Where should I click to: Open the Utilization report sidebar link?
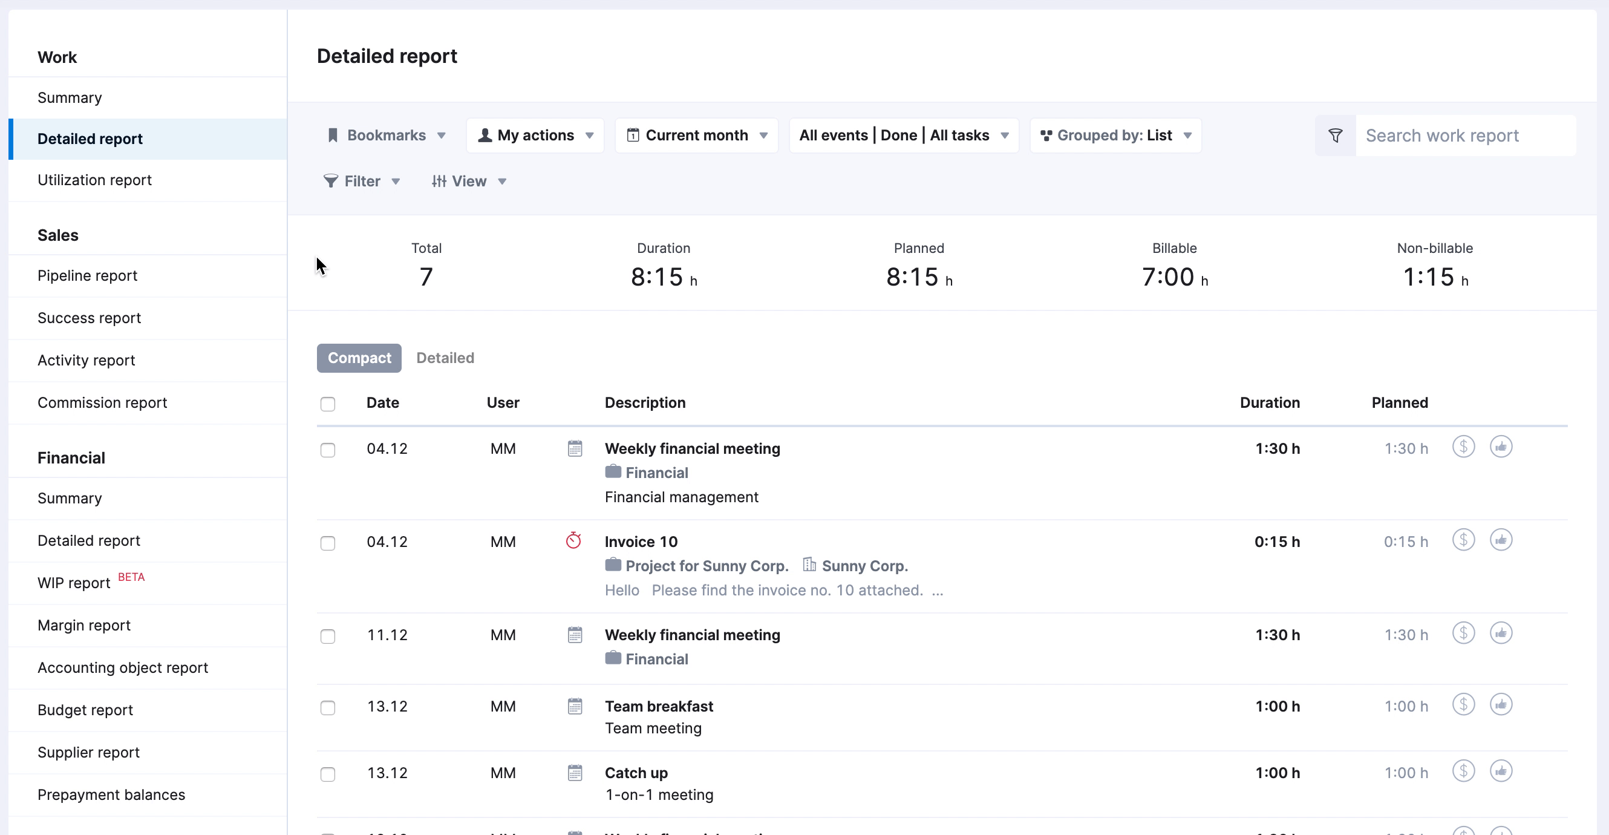tap(94, 180)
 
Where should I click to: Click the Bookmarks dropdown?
tap(386, 136)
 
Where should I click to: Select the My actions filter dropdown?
tap(535, 136)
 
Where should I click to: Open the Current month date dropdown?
tap(696, 136)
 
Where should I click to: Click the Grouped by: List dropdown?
tap(1115, 136)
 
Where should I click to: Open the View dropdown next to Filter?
tap(468, 182)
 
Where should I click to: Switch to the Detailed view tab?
tap(445, 358)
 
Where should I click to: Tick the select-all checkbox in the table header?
tap(328, 404)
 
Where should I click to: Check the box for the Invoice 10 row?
tap(328, 543)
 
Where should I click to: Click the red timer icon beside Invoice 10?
tap(573, 540)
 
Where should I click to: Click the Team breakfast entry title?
tap(658, 706)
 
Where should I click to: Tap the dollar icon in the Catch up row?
tap(1463, 771)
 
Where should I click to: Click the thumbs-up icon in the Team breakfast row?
tap(1500, 705)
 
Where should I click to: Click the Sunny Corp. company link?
tap(864, 566)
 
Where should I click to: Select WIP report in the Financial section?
tap(74, 583)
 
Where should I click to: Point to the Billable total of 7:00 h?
tap(1173, 277)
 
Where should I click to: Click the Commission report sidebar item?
tap(102, 403)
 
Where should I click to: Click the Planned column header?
tap(1399, 403)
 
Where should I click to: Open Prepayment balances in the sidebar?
tap(111, 795)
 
